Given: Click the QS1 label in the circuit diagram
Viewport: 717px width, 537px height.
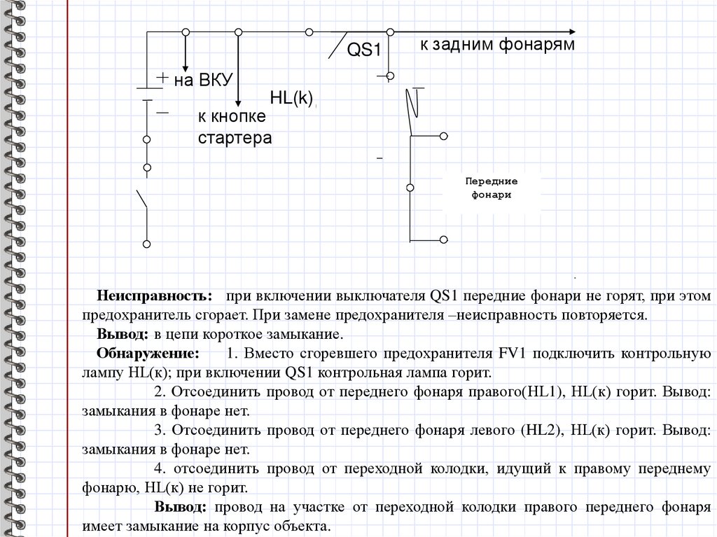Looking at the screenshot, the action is pyautogui.click(x=364, y=50).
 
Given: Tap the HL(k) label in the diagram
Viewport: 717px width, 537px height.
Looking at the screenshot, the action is pyautogui.click(x=291, y=98).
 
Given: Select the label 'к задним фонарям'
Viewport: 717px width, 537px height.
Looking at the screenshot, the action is pyautogui.click(x=497, y=46).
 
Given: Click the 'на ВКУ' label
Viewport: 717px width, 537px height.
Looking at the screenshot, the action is pyautogui.click(x=203, y=80).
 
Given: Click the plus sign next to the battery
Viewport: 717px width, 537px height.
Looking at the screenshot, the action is pyautogui.click(x=162, y=78).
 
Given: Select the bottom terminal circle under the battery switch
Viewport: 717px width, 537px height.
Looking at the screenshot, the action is pyautogui.click(x=146, y=244).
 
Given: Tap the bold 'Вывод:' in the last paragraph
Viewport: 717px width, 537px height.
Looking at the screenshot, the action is pyautogui.click(x=181, y=506).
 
